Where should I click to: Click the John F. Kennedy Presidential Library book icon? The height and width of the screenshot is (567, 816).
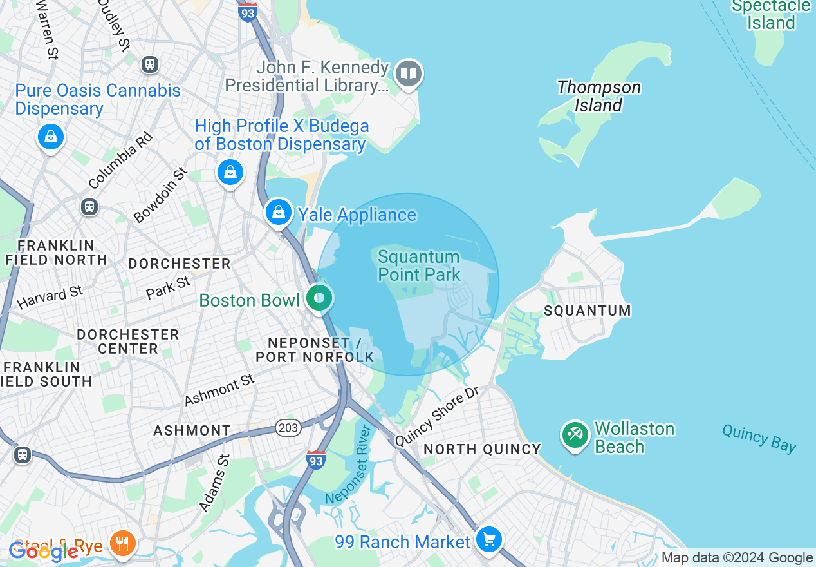point(408,74)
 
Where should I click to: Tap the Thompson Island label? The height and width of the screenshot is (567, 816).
point(598,96)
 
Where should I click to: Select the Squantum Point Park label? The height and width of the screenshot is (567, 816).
point(419,266)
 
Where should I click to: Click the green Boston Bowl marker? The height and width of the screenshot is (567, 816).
point(319,298)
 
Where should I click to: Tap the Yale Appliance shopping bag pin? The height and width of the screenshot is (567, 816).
point(278,211)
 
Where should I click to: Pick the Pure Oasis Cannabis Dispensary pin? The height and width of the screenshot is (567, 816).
point(50,137)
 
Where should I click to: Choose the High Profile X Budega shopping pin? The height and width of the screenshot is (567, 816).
point(230,172)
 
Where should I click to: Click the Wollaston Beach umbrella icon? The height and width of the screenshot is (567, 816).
point(575,436)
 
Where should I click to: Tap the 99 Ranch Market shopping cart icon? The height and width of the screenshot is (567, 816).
point(489,539)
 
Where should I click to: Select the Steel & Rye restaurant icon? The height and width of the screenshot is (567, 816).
point(121,543)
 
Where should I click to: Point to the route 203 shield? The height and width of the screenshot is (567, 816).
point(288,428)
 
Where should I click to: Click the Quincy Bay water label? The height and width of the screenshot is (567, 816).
point(759,438)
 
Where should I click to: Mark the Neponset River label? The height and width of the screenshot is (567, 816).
point(348,465)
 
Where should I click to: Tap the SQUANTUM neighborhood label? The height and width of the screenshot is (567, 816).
point(587,311)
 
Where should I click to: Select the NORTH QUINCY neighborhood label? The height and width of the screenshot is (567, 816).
point(482,449)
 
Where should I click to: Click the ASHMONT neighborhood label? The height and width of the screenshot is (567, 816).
point(192,430)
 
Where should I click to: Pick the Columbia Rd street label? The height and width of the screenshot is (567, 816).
point(121,160)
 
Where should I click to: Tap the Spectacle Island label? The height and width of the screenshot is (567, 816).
point(771,15)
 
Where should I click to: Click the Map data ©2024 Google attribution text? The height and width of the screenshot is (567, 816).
point(737,558)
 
